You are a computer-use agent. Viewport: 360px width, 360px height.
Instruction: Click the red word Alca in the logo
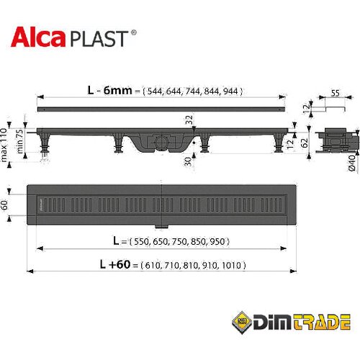tap(38, 37)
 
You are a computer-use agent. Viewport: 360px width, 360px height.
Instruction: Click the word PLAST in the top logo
tap(99, 38)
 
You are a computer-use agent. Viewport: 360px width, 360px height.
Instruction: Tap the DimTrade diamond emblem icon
tap(242, 323)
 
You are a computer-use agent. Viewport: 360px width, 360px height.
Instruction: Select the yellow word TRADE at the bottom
tap(322, 323)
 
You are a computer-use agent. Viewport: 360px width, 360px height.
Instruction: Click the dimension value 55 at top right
tap(335, 93)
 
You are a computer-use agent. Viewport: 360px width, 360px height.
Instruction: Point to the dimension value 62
tap(305, 143)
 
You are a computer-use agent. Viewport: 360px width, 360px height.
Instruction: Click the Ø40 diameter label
tap(351, 163)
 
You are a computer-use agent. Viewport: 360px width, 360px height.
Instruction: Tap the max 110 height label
tap(4, 145)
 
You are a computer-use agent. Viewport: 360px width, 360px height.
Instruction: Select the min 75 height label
tap(19, 141)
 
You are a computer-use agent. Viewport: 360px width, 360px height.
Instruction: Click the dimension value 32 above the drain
tap(189, 120)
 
